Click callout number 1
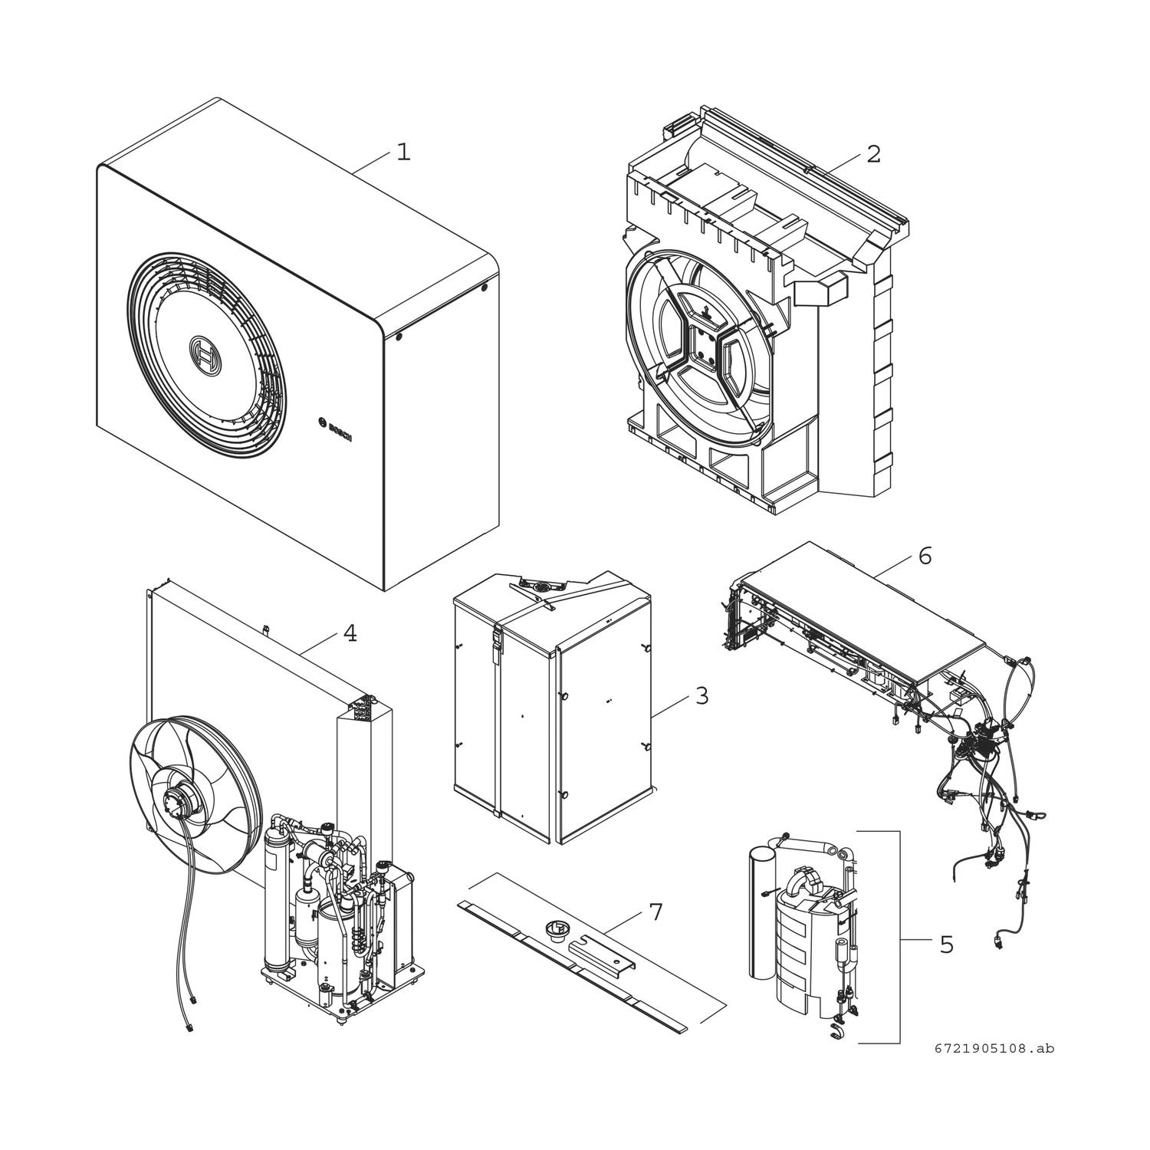[403, 153]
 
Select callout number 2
[873, 153]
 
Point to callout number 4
[350, 634]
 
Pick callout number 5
[947, 945]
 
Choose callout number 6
[925, 556]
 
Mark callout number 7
[655, 912]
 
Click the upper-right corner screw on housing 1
[484, 289]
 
